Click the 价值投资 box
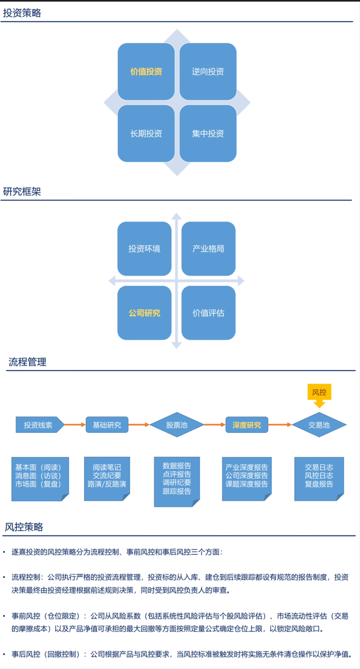point(146,71)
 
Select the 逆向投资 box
point(208,71)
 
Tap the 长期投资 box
point(146,133)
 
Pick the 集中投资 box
point(208,133)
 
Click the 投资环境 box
point(144,249)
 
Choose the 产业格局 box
point(208,249)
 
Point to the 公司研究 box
point(144,313)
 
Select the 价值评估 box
point(208,313)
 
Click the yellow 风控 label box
point(319,392)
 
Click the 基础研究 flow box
point(107,425)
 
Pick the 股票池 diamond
point(177,425)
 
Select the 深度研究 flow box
point(246,425)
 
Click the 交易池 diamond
point(319,425)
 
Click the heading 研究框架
point(22,192)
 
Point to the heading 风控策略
point(24,527)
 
